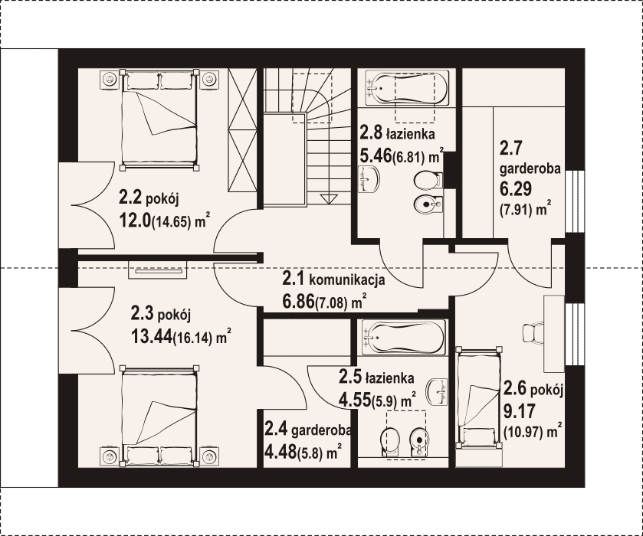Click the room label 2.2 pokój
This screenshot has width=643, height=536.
pyautogui.click(x=149, y=198)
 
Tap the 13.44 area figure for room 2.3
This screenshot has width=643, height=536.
pyautogui.click(x=151, y=337)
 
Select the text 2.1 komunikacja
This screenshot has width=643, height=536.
pyautogui.click(x=333, y=279)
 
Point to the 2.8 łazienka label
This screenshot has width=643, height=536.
pyautogui.click(x=397, y=133)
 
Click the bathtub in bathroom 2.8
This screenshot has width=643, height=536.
pyautogui.click(x=406, y=88)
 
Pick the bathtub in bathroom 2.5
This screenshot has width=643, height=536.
pyautogui.click(x=404, y=337)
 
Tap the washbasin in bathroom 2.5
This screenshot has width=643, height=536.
pyautogui.click(x=437, y=390)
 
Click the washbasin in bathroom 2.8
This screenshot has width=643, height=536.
pyautogui.click(x=369, y=179)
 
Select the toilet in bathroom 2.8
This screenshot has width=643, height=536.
pyautogui.click(x=428, y=180)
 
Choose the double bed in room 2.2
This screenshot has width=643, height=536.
pyautogui.click(x=159, y=119)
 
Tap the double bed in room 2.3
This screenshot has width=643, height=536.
pyautogui.click(x=159, y=416)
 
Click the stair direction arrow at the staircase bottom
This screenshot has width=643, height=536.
pyautogui.click(x=327, y=199)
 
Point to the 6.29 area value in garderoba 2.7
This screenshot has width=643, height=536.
pyautogui.click(x=516, y=188)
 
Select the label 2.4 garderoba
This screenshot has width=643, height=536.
pyautogui.click(x=307, y=430)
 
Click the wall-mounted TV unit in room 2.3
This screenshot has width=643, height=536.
pyautogui.click(x=158, y=270)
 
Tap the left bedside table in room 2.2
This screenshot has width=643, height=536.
pyautogui.click(x=110, y=79)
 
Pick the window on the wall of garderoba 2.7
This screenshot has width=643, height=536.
pyautogui.click(x=575, y=201)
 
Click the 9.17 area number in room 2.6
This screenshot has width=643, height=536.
pyautogui.click(x=519, y=411)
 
